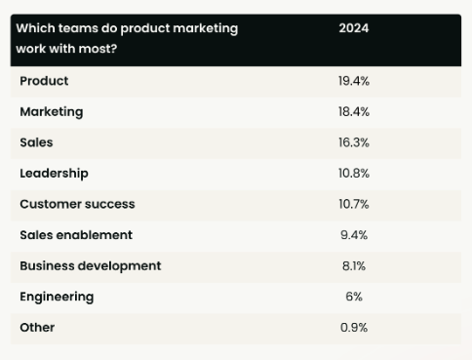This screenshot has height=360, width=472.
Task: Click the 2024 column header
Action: point(353,28)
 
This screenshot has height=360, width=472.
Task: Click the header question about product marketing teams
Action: point(127,38)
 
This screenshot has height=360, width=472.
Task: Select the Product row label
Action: point(44,81)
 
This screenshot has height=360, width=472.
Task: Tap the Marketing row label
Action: point(52,112)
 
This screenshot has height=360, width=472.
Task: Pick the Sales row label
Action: point(36,142)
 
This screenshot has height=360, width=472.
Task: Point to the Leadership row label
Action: point(54,174)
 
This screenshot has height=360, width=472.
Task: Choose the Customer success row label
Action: point(77,204)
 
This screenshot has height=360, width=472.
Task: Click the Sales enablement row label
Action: point(76,235)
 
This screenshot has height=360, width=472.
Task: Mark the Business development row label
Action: point(91,265)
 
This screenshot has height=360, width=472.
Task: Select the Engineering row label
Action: point(57,297)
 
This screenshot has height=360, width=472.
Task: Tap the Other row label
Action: point(37,328)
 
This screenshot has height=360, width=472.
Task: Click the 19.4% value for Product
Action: point(354,81)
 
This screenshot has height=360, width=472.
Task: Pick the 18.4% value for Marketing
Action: point(354,112)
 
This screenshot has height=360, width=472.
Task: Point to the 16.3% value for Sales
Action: point(354,142)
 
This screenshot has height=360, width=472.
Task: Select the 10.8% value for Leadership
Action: point(354,174)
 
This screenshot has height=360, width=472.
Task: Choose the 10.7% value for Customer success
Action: point(354,204)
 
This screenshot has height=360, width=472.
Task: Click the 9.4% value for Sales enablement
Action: point(354,235)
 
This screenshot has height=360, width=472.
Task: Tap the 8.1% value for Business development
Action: point(354,265)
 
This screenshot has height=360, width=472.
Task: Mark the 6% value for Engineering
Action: point(354,297)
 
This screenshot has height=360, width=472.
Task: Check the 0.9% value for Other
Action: point(354,328)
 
